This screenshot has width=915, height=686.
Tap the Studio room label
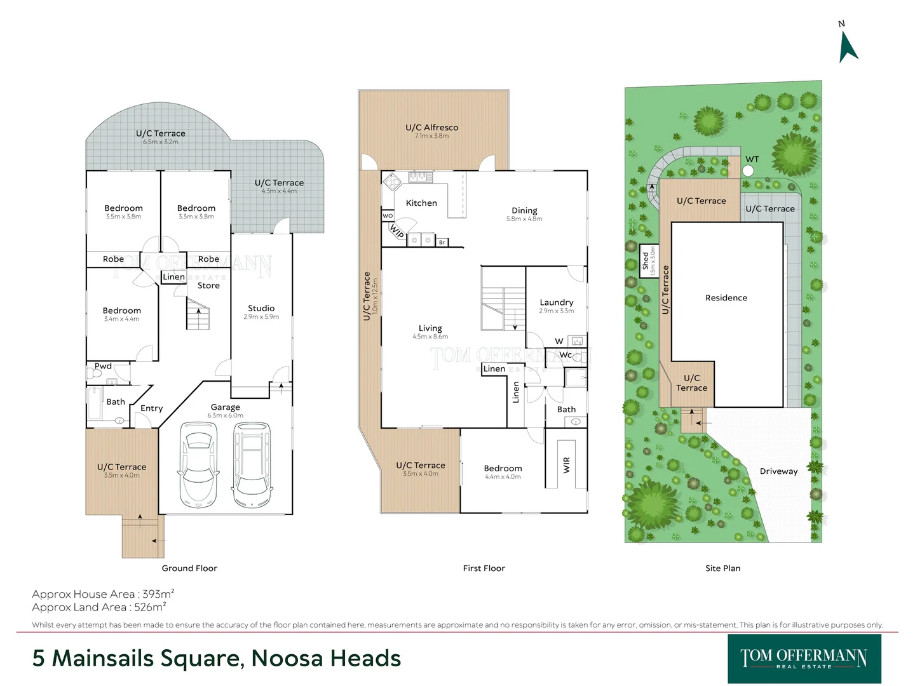click(261, 308)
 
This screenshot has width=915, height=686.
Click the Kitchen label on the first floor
click(421, 203)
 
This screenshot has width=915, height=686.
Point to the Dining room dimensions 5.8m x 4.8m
click(524, 219)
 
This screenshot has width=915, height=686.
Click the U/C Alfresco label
click(431, 128)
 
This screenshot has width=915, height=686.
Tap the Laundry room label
click(557, 302)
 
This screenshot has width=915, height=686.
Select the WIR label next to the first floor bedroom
click(567, 465)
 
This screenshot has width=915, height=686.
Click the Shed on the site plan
click(648, 261)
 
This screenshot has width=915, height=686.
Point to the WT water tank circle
click(748, 170)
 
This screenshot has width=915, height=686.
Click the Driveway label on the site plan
click(778, 471)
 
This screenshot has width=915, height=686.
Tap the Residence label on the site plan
click(726, 298)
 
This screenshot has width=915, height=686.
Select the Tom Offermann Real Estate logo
click(804, 659)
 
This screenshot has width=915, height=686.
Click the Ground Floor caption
click(189, 568)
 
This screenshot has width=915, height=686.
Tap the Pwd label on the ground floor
click(103, 366)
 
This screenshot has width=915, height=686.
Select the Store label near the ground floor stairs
click(208, 286)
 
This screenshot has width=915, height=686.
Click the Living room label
click(430, 328)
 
